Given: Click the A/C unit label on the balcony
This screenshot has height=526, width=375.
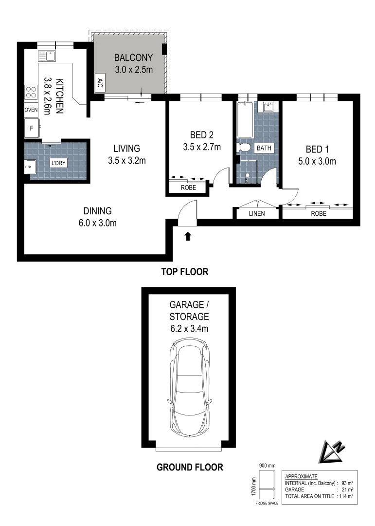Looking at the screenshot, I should [x=100, y=81].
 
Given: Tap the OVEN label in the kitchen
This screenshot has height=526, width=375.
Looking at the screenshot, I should [x=31, y=110].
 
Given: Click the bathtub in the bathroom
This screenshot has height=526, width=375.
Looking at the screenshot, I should [x=244, y=120].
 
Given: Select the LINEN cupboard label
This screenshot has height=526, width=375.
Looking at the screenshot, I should [x=257, y=213].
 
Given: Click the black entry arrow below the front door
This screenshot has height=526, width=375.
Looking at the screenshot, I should [x=188, y=237].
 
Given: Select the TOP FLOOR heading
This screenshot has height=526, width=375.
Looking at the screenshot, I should [x=184, y=272].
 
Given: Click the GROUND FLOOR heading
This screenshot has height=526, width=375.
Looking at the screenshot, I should [x=190, y=467].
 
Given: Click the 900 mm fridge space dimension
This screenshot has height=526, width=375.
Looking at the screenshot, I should [x=267, y=465].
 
